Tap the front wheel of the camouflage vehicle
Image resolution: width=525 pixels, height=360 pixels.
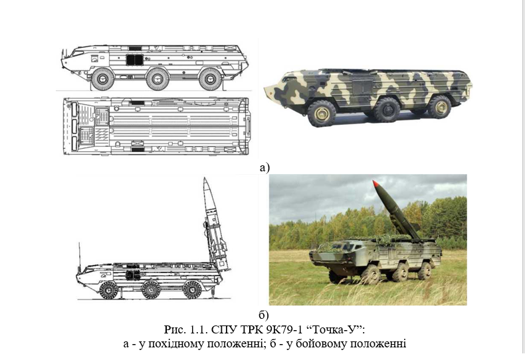[x=322, y=114]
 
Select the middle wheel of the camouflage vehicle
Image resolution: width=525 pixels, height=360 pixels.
[x=387, y=110]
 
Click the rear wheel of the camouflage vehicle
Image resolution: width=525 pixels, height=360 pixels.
[x=440, y=107]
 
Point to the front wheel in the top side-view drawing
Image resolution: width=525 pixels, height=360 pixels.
[x=102, y=79]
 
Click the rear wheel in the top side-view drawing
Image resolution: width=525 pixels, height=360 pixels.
[x=210, y=79]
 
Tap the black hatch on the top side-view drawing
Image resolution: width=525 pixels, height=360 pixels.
[x=135, y=60]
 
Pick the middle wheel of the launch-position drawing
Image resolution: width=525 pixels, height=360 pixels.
[x=151, y=290]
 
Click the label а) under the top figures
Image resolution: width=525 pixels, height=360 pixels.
[x=264, y=167]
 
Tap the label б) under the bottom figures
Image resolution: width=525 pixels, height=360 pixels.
[x=264, y=315]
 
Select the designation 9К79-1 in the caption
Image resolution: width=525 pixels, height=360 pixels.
[x=284, y=329]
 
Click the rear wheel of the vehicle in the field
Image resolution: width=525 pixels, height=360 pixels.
[x=424, y=271]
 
